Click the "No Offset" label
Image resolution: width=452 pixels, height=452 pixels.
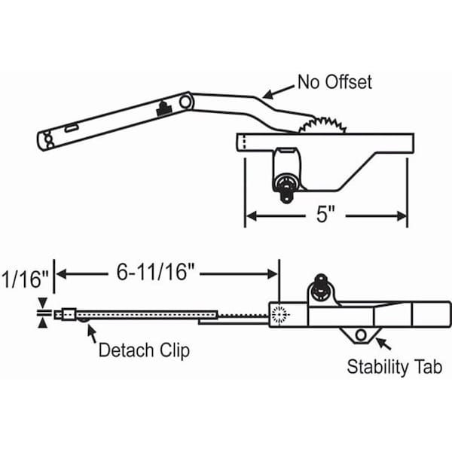pyautogui.click(x=334, y=82)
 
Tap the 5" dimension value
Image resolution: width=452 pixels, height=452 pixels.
pyautogui.click(x=325, y=215)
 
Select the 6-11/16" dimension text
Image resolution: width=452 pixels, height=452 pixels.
pyautogui.click(x=156, y=273)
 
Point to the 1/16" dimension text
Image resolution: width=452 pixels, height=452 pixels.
pyautogui.click(x=26, y=279)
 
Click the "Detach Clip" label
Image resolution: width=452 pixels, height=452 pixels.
pyautogui.click(x=144, y=350)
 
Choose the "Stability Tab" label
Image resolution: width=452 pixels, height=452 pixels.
pyautogui.click(x=394, y=367)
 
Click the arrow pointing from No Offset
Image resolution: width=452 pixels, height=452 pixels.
pyautogui.click(x=278, y=92)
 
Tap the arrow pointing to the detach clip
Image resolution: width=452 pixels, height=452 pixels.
pyautogui.click(x=92, y=333)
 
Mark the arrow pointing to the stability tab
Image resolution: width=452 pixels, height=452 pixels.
pyautogui.click(x=383, y=344)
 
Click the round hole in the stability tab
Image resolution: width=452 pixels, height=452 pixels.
pyautogui.click(x=361, y=335)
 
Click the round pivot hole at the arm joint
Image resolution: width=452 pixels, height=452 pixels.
pyautogui.click(x=185, y=102)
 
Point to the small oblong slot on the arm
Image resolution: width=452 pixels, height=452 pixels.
pyautogui.click(x=71, y=128)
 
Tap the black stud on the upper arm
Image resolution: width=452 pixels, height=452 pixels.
pyautogui.click(x=164, y=109)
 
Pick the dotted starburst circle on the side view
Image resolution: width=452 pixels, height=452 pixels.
pyautogui.click(x=279, y=314)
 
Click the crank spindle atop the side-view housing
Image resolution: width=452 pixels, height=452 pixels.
pyautogui.click(x=321, y=288)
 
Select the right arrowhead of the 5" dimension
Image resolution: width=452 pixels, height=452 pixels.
pyautogui.click(x=402, y=216)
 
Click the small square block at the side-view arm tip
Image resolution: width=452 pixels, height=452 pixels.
pyautogui.click(x=69, y=314)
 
